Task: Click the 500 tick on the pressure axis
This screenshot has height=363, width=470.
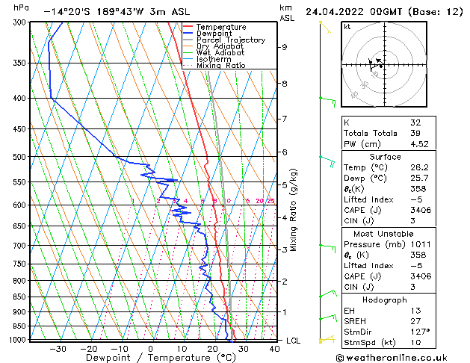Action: (19, 157)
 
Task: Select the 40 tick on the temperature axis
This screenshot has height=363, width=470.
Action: (274, 348)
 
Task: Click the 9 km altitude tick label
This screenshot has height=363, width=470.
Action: (285, 47)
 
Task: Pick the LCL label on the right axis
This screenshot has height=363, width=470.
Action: (294, 341)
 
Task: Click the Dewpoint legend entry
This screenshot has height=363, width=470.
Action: (215, 34)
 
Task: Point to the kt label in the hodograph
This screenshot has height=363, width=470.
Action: (347, 26)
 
